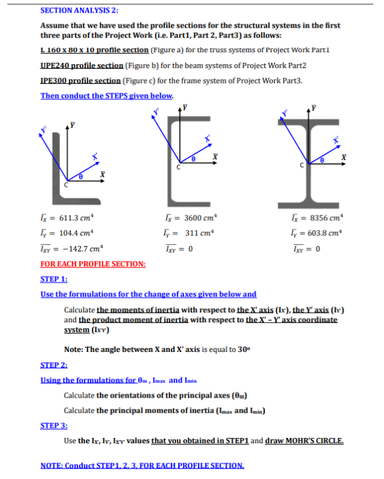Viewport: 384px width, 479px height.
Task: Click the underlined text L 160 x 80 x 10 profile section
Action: (x=91, y=50)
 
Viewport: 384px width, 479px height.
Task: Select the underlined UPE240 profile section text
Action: (x=82, y=65)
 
